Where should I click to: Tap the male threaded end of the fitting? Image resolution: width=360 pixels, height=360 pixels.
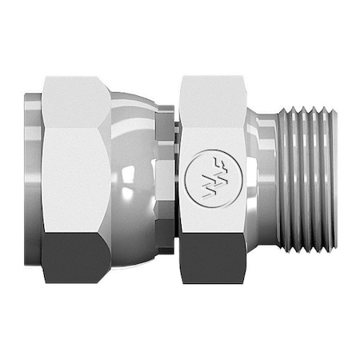pos(308,180)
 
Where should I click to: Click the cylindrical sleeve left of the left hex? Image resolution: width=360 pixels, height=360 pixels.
pos(33,180)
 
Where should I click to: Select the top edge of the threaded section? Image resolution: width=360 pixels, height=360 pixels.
pos(308,110)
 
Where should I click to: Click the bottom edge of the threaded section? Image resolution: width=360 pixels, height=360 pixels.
pos(308,250)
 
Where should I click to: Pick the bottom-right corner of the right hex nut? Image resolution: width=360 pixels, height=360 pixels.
pos(243,279)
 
